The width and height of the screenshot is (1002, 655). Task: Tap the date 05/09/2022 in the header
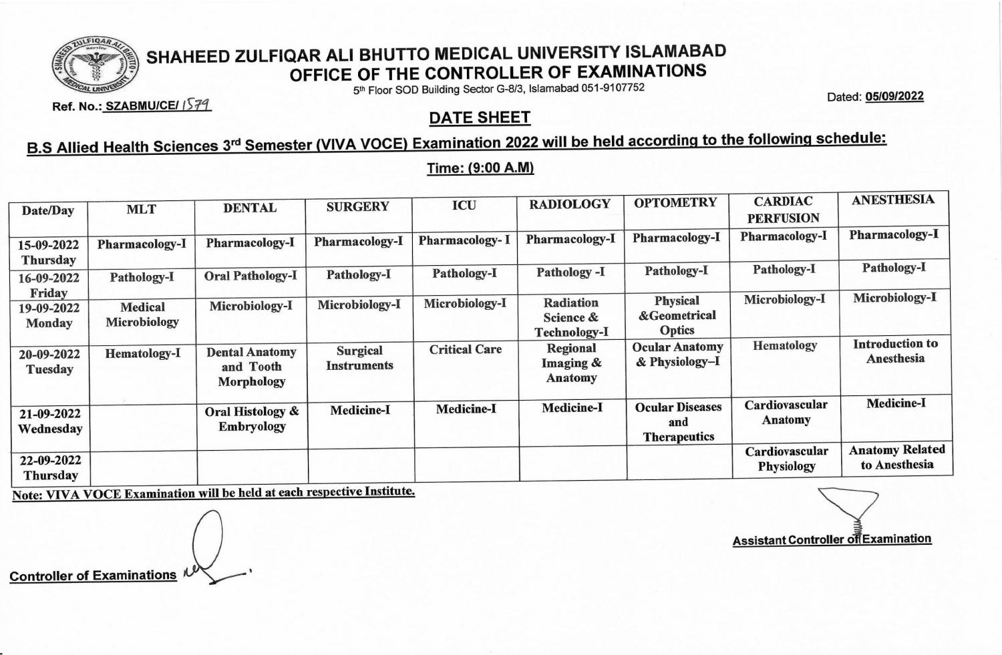point(894,96)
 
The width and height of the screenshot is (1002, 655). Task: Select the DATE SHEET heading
point(480,118)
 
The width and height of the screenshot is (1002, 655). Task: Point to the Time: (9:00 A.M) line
point(480,168)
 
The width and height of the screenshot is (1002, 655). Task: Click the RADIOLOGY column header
point(570,204)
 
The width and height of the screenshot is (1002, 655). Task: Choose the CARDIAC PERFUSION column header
point(783,210)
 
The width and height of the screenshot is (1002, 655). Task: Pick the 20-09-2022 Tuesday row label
point(49,362)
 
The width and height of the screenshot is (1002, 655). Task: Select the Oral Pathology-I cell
point(251,276)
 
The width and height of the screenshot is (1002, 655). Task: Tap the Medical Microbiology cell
point(142,314)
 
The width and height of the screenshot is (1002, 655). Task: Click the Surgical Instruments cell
point(359,358)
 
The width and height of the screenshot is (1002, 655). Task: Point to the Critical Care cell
point(465,349)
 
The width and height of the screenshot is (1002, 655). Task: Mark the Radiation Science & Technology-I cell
point(571,317)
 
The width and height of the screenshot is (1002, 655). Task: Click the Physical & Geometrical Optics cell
point(677,315)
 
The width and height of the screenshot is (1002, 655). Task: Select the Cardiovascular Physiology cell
point(786,459)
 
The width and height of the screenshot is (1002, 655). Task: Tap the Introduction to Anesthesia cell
point(895,351)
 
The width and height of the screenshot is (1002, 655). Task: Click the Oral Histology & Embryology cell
point(252,419)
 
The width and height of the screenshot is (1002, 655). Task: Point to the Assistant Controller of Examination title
point(832,539)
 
